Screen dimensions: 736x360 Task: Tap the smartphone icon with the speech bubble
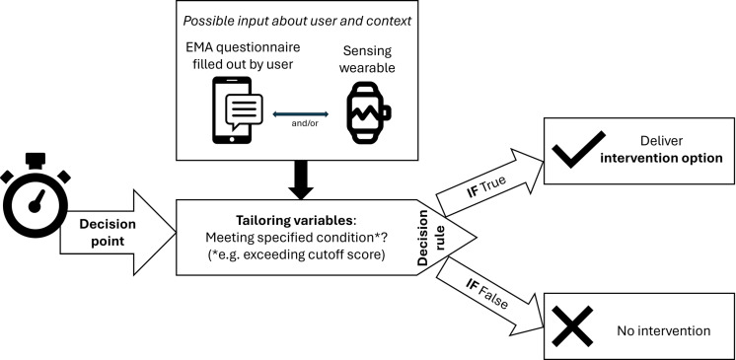(x=238, y=109)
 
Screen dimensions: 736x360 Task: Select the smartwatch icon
(x=368, y=112)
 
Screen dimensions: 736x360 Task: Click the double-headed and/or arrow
(x=300, y=114)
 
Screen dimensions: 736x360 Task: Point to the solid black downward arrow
(x=300, y=180)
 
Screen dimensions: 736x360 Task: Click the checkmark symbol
(x=578, y=149)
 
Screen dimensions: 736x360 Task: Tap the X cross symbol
(x=572, y=326)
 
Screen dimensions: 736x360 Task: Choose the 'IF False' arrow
(x=489, y=297)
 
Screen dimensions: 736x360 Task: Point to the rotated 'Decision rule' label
(x=430, y=238)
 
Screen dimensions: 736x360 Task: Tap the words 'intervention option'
(x=661, y=158)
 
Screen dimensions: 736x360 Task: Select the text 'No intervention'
(x=663, y=330)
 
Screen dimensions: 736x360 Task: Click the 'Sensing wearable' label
(x=367, y=59)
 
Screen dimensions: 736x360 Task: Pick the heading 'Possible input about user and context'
(x=297, y=21)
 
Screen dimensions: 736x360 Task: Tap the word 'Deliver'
(x=661, y=141)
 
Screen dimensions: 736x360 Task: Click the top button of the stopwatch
(x=36, y=160)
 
